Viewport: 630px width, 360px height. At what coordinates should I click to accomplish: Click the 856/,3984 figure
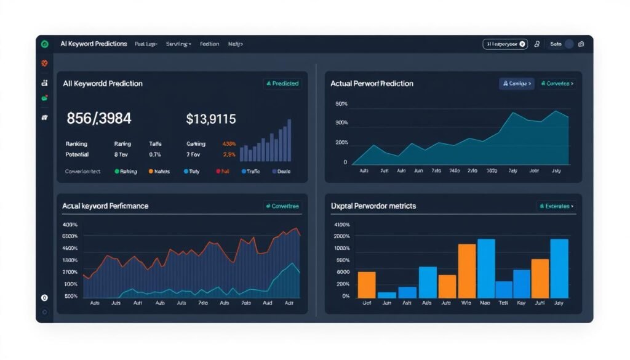98,119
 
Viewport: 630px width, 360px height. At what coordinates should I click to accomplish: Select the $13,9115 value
210,119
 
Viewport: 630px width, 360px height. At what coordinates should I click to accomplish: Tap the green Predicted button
282,83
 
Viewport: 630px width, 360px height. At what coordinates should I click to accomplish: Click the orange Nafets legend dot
151,172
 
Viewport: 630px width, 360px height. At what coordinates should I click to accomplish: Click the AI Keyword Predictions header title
94,44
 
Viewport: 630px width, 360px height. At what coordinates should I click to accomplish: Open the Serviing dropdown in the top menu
178,44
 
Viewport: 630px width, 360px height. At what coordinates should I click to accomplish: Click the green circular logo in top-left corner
44,44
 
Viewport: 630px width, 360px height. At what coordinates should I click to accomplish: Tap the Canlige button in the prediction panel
516,83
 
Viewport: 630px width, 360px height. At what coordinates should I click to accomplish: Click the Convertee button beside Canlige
557,83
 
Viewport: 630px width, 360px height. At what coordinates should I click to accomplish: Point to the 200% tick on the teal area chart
341,142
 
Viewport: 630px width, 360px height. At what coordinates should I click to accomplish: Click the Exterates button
557,206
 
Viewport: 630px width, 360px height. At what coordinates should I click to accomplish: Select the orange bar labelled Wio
467,271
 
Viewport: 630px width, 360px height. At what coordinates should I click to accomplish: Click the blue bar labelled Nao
486,268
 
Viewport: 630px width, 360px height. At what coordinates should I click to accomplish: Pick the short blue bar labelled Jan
387,295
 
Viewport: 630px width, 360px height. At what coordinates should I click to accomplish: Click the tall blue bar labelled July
559,268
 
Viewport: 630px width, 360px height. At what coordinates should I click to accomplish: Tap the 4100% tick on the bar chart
341,225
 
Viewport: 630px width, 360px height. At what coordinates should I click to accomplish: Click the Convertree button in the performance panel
282,206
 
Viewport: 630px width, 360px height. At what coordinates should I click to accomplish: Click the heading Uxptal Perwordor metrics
373,206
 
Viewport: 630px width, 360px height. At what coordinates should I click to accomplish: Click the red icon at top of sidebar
44,63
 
